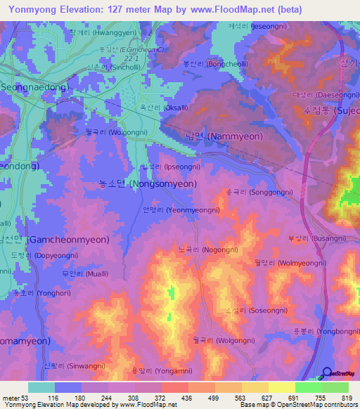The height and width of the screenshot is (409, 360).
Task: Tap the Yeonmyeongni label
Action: pos(181,209)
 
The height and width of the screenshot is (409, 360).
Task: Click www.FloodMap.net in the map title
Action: pos(233,10)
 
